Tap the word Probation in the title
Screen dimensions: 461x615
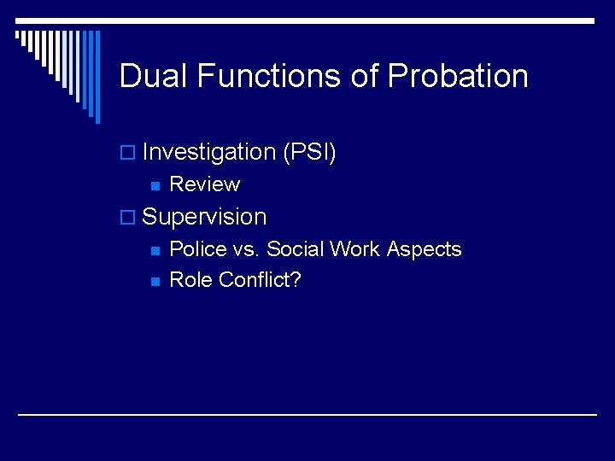click(458, 77)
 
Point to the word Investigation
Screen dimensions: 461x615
click(208, 153)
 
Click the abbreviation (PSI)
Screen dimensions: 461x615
click(309, 153)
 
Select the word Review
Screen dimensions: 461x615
click(205, 184)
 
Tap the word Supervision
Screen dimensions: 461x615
click(204, 217)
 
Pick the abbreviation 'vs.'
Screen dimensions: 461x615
click(245, 249)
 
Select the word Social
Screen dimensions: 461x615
click(296, 249)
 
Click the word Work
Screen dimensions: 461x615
click(356, 249)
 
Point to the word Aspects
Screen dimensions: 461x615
click(424, 249)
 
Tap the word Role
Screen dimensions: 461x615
click(191, 280)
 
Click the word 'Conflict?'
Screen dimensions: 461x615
click(260, 280)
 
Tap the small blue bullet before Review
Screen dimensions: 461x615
click(155, 185)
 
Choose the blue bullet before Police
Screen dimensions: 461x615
click(155, 250)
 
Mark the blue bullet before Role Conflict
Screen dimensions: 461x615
click(155, 281)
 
